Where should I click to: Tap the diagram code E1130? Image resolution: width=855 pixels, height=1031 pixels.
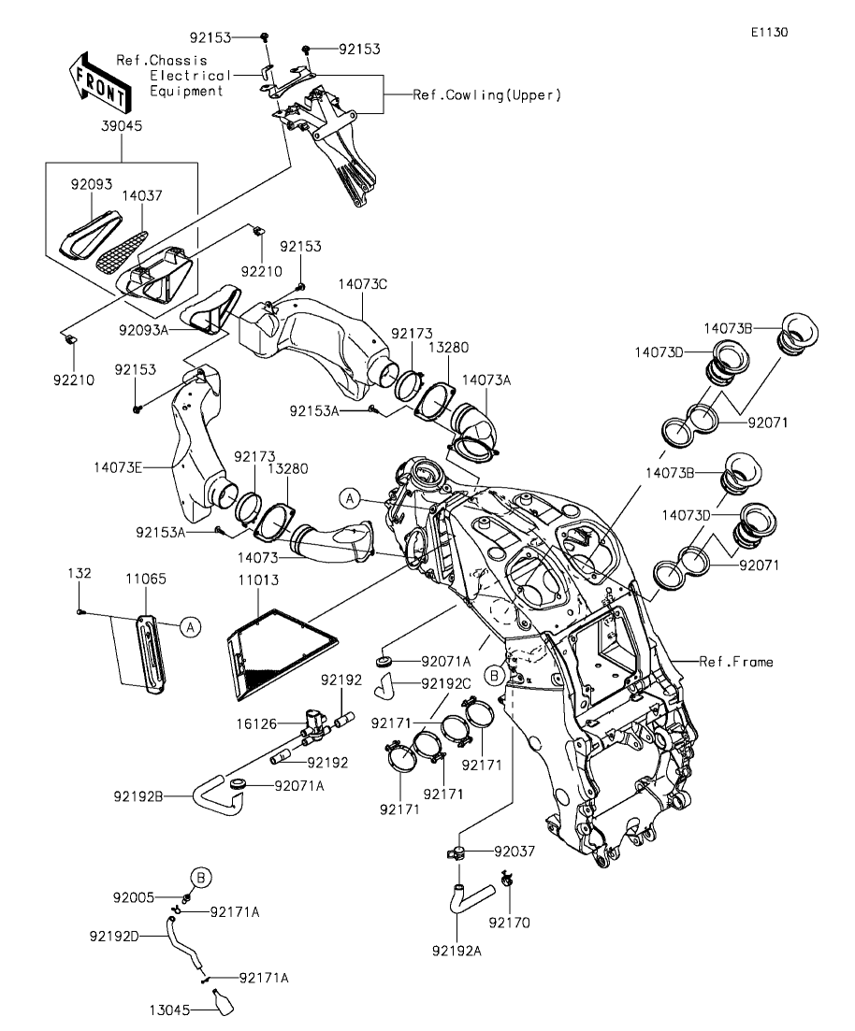pyautogui.click(x=768, y=32)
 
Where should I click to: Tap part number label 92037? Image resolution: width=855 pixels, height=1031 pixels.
pyautogui.click(x=514, y=852)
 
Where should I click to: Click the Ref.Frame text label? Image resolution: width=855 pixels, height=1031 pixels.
pyautogui.click(x=736, y=662)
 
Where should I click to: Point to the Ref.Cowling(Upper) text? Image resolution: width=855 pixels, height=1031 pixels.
pyautogui.click(x=487, y=95)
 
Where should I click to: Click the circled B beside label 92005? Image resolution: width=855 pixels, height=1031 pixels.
pyautogui.click(x=202, y=878)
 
